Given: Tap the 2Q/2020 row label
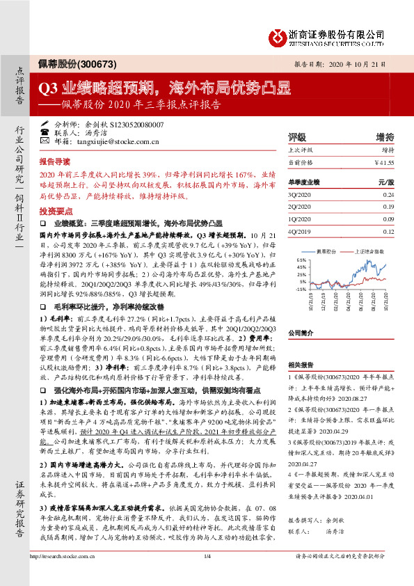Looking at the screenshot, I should [x=300, y=207].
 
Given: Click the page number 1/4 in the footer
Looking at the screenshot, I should [x=206, y=575].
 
